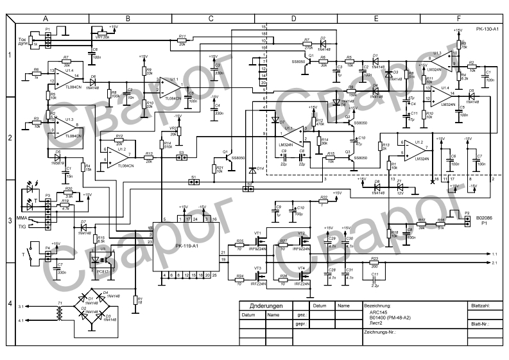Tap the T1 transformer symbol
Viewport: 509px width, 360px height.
59,313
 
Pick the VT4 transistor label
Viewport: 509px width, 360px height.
302,267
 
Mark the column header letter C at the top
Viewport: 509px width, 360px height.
211,19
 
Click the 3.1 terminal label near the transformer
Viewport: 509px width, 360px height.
22,308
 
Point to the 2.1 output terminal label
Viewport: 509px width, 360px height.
495,263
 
